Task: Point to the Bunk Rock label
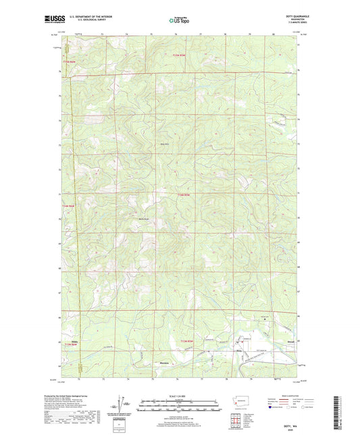click(x=143, y=218)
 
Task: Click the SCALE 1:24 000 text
click(x=179, y=396)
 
